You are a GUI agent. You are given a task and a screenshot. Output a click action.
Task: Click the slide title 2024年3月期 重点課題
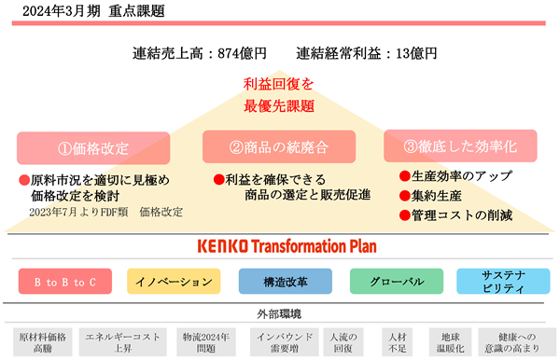click(x=93, y=11)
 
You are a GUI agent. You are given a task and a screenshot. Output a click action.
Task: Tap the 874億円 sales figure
click(x=242, y=53)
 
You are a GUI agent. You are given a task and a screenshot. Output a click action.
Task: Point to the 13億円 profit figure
click(x=416, y=53)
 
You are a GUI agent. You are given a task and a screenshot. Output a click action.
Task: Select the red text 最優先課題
click(x=279, y=106)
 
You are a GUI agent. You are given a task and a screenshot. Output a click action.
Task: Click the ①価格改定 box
click(x=93, y=148)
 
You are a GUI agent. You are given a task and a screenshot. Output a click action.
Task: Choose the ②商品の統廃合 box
click(x=279, y=146)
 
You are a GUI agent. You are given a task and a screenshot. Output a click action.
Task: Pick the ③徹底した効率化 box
click(x=460, y=145)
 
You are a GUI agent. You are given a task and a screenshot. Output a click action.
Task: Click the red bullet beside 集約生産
click(x=405, y=196)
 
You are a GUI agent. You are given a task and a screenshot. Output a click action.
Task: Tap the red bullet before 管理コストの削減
click(x=405, y=215)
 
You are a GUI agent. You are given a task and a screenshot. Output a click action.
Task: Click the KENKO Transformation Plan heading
click(x=287, y=246)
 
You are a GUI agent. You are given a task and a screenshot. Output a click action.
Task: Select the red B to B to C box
click(x=65, y=282)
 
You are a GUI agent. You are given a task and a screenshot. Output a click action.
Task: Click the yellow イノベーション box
click(x=174, y=282)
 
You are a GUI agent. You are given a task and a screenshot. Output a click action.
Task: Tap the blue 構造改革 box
click(x=286, y=282)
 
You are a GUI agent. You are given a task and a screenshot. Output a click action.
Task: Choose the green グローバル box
click(x=397, y=282)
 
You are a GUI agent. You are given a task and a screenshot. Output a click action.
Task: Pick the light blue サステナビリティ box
click(x=503, y=282)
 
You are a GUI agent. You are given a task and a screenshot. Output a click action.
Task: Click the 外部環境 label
click(x=279, y=314)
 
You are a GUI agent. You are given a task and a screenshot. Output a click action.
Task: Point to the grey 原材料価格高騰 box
click(x=43, y=342)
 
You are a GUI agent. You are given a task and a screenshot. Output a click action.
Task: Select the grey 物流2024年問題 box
click(x=206, y=342)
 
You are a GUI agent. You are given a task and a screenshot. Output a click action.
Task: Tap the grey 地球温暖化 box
click(x=451, y=342)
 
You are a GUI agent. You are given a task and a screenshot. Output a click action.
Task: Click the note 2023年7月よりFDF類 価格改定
click(x=106, y=213)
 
